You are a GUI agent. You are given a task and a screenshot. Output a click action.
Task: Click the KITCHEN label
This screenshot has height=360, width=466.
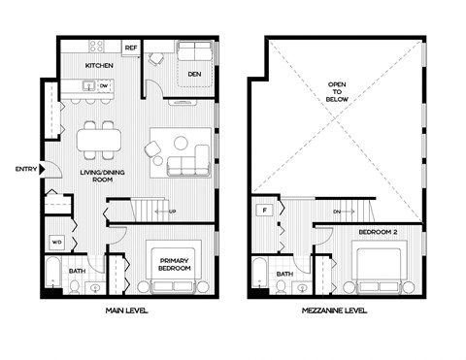[100, 65]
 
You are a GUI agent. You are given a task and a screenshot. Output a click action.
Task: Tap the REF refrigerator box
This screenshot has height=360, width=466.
[130, 47]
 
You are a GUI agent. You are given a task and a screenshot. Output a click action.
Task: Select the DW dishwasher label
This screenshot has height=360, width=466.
[102, 85]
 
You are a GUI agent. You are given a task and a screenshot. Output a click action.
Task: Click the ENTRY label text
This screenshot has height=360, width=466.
[25, 170]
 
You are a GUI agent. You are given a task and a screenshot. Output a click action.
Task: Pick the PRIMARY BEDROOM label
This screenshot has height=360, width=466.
[176, 263]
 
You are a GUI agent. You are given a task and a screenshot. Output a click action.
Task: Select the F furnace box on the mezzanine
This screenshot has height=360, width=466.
[262, 210]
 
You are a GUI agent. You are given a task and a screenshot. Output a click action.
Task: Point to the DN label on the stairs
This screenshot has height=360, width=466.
[336, 210]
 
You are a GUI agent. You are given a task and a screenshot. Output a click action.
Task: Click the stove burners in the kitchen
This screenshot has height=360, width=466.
[96, 46]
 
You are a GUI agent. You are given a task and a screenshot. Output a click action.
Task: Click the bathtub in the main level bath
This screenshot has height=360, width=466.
[51, 274]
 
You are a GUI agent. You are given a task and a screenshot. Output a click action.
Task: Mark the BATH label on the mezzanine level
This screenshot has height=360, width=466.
[285, 274]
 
